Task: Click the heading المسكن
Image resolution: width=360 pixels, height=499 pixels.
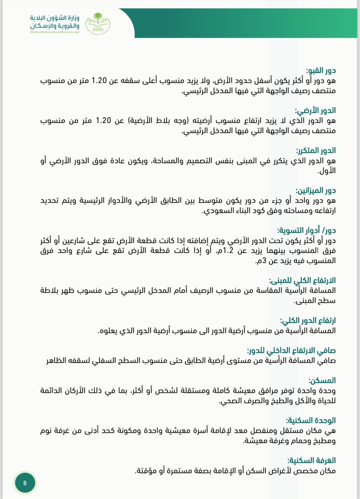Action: coord(323,381)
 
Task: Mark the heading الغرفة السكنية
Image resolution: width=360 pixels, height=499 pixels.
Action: coord(312,461)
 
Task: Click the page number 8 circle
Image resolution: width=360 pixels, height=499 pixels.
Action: coord(25,483)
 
